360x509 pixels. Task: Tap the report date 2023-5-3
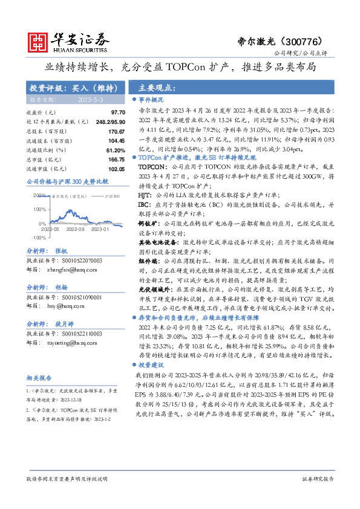click(91, 99)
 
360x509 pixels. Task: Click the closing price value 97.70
click(118, 112)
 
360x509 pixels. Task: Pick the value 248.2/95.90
click(109, 122)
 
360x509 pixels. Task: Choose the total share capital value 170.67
click(116, 131)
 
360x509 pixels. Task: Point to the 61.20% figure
click(115, 150)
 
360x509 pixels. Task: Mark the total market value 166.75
click(116, 160)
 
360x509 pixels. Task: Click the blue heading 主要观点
click(154, 86)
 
